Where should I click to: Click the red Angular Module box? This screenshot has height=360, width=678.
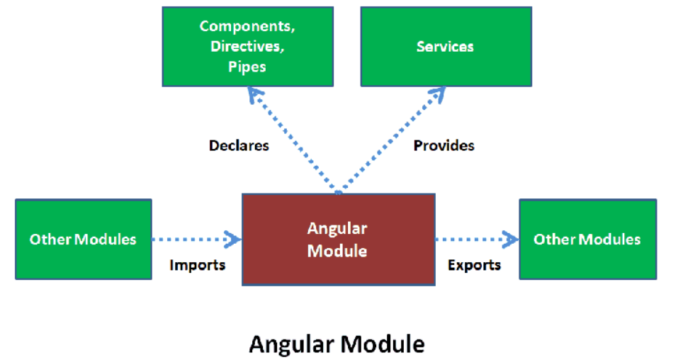click(x=338, y=240)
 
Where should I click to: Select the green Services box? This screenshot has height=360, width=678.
click(x=445, y=47)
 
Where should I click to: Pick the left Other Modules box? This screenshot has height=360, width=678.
click(x=83, y=239)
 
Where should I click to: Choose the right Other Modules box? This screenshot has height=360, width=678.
click(x=587, y=239)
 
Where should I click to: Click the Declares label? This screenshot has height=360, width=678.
click(x=239, y=145)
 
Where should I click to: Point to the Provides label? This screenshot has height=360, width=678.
click(x=444, y=145)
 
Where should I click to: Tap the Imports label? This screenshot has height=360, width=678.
click(x=198, y=265)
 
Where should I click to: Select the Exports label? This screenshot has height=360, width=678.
click(x=475, y=265)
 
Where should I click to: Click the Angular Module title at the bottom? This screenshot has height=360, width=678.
click(x=337, y=344)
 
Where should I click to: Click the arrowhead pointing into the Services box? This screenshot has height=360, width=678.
click(x=439, y=92)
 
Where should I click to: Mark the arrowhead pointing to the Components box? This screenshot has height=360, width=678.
click(x=252, y=92)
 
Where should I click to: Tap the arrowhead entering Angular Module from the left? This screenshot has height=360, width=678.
click(x=234, y=240)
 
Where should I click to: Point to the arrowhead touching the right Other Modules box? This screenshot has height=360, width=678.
click(x=512, y=240)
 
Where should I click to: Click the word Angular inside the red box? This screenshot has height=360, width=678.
click(x=337, y=229)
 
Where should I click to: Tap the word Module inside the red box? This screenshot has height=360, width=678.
click(x=337, y=250)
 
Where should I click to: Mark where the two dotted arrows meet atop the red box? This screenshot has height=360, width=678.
click(x=339, y=192)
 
